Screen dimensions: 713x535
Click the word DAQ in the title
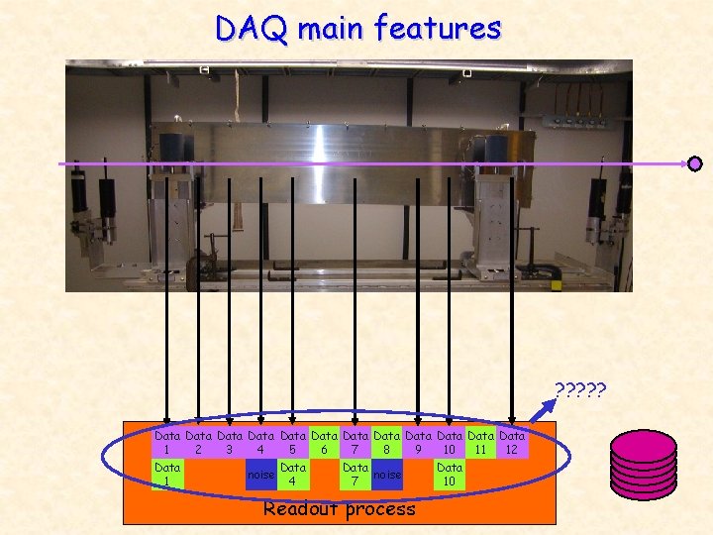click(252, 29)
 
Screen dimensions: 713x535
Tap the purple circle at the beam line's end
click(695, 163)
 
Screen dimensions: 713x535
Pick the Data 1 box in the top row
click(167, 442)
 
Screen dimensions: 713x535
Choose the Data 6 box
click(324, 442)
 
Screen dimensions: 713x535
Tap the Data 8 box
click(387, 442)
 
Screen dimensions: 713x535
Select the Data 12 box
click(512, 442)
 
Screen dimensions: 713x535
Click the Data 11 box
click(480, 442)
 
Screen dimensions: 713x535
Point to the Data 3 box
click(230, 442)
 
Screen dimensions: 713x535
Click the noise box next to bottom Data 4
click(260, 475)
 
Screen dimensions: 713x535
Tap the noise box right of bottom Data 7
click(387, 475)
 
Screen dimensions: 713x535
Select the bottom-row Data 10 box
click(449, 474)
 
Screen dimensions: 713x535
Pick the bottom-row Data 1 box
click(167, 474)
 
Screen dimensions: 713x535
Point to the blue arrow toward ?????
click(543, 407)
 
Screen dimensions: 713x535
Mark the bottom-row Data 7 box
click(356, 474)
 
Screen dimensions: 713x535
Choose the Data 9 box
click(418, 442)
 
